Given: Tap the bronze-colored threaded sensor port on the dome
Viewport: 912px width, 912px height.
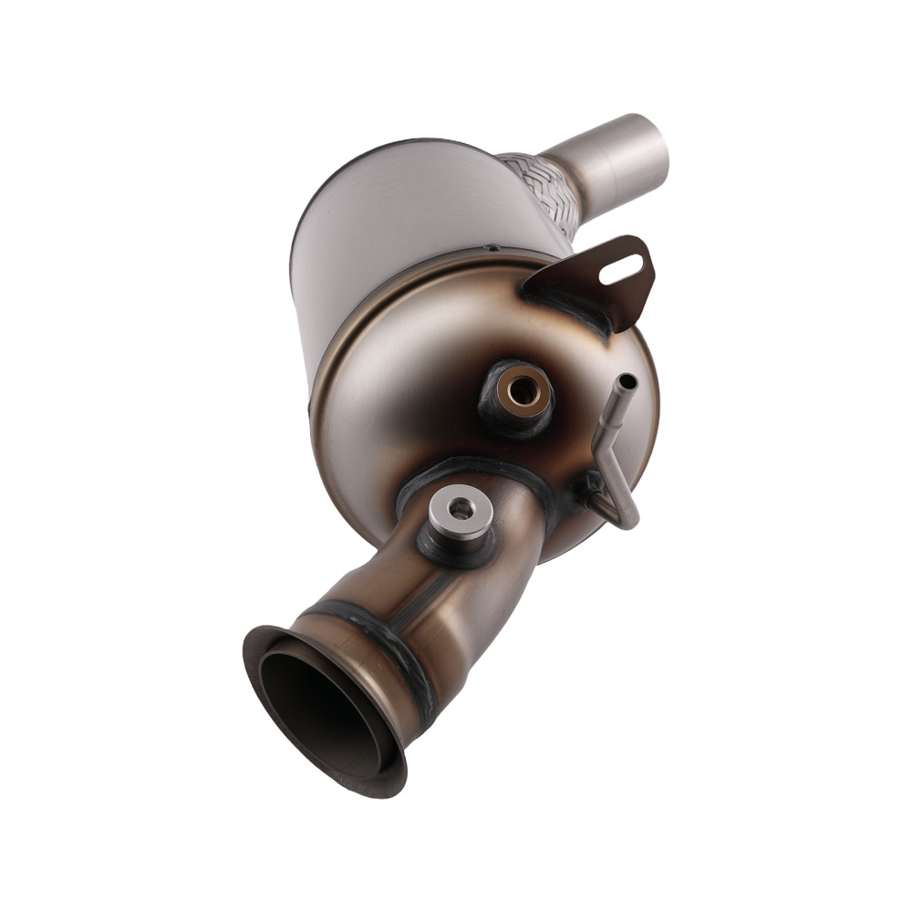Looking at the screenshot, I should click(522, 390).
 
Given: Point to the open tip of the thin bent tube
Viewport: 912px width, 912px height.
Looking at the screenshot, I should click(627, 381).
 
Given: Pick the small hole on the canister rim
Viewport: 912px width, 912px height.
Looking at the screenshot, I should click(491, 247).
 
